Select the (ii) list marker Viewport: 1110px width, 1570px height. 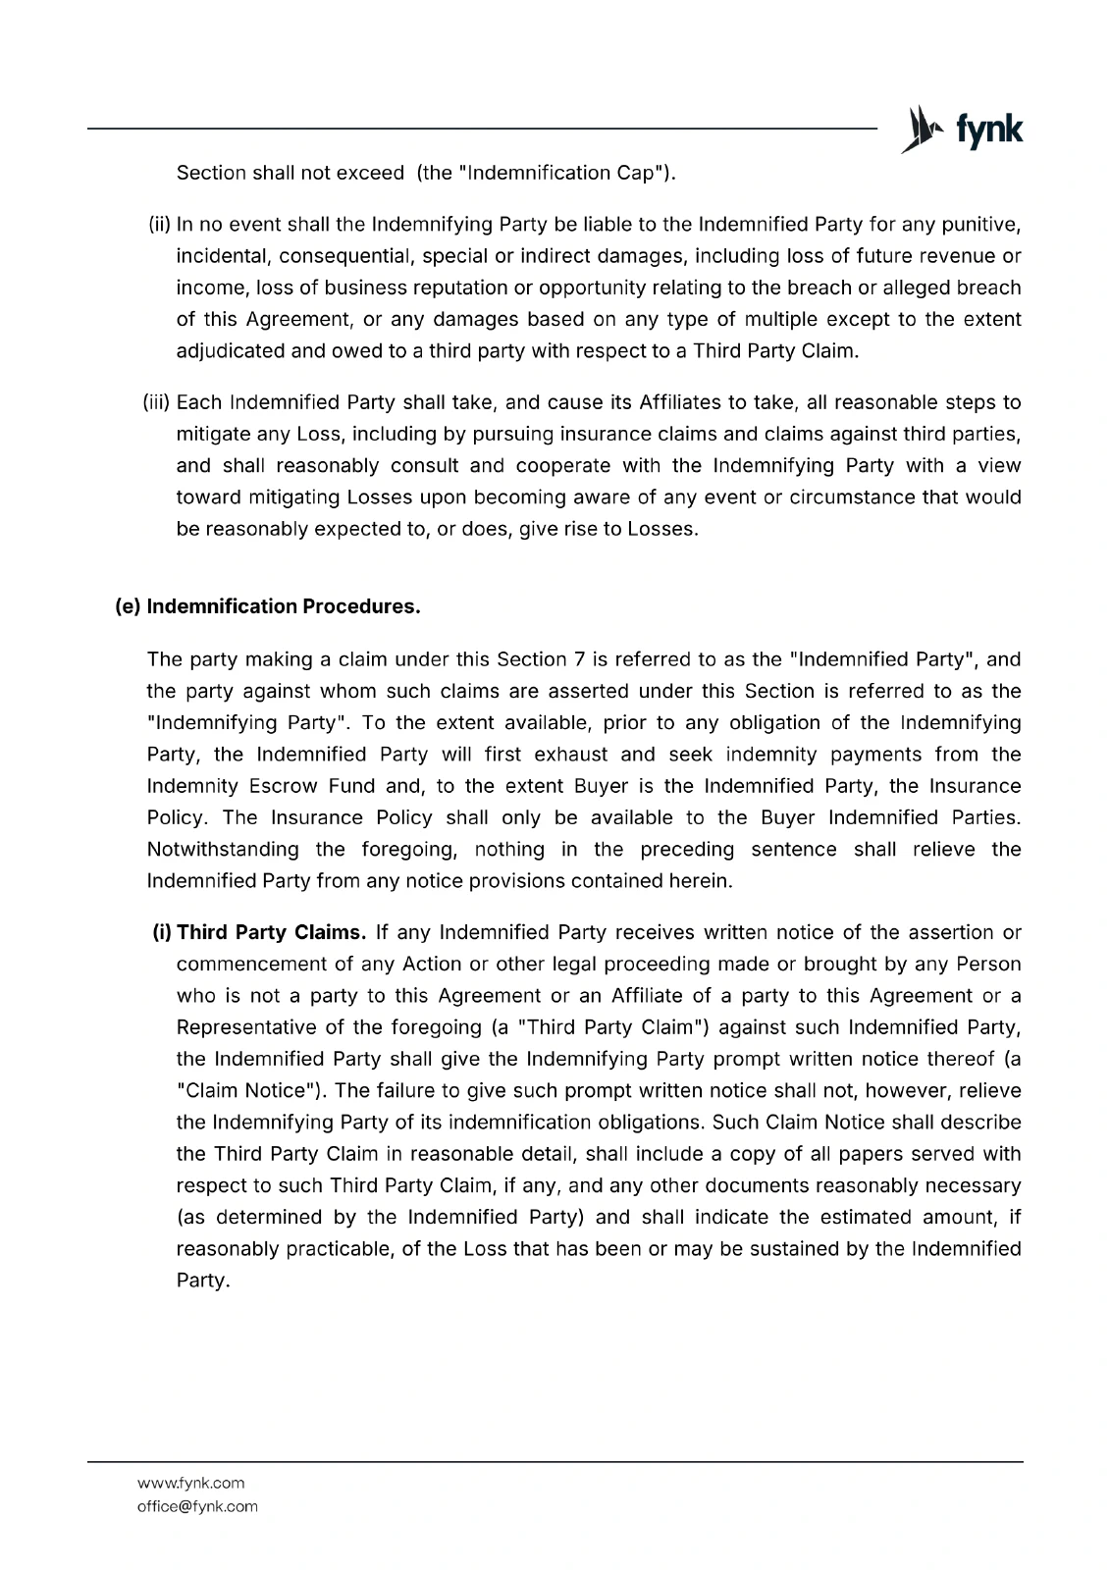click(160, 225)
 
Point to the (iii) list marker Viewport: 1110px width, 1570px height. click(157, 402)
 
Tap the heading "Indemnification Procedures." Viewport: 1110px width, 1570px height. click(283, 606)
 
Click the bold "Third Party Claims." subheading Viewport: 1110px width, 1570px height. click(271, 932)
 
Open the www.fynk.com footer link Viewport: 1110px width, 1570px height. click(190, 1483)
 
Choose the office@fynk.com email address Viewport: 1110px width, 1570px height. click(197, 1506)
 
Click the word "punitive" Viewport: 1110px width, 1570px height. click(981, 225)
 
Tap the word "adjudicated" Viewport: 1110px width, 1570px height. click(228, 351)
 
